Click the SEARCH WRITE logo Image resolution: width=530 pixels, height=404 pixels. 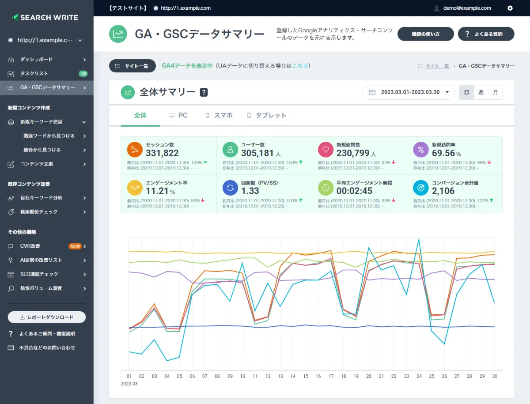(45, 18)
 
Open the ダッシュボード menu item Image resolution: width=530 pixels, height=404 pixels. (36, 59)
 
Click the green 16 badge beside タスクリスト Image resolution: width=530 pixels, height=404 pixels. (83, 73)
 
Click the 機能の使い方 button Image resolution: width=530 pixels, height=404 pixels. (426, 34)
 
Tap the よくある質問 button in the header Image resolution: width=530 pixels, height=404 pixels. (486, 34)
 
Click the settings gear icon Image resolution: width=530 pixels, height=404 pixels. (510, 8)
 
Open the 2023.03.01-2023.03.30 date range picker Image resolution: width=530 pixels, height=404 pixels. (408, 92)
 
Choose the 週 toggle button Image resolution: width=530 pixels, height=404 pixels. (481, 92)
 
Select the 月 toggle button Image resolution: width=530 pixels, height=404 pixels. (495, 92)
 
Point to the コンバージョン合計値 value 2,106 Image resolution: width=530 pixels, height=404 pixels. (443, 191)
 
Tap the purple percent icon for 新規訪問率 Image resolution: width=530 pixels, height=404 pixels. (420, 150)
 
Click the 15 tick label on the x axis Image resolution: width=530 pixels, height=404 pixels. (306, 376)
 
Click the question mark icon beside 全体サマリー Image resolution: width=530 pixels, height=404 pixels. (204, 92)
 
